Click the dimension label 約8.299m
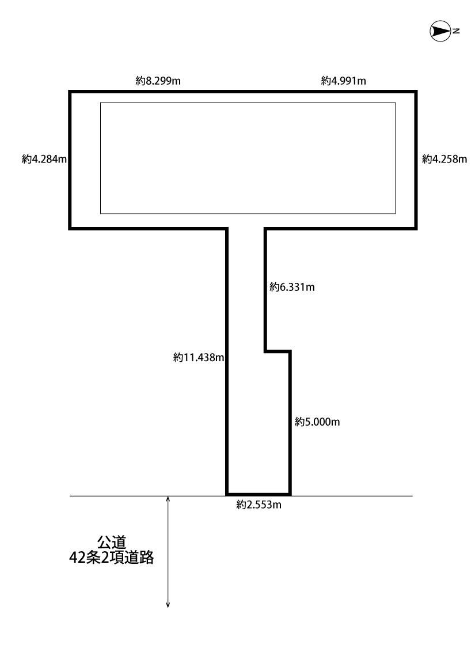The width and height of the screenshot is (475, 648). tap(158, 81)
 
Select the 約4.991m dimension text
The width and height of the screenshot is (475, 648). tap(344, 81)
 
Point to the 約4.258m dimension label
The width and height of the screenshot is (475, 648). tap(444, 160)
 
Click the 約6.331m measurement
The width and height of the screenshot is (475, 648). tap(292, 287)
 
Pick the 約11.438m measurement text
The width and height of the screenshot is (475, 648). tap(198, 358)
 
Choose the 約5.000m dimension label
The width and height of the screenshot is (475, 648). tap(317, 422)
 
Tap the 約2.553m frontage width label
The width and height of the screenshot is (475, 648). tap(259, 505)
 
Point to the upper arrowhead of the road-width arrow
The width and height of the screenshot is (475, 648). tap(168, 499)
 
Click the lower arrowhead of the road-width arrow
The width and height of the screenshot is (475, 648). tap(168, 604)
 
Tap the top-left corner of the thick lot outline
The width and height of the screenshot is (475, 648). tap(70, 92)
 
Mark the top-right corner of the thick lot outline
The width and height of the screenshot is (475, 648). tap(416, 92)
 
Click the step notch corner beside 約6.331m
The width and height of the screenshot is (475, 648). tap(265, 350)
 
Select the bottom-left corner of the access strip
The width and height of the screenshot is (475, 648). tap(227, 494)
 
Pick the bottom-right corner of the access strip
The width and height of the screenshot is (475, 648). tap(290, 494)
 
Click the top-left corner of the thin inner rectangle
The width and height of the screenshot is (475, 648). tap(101, 103)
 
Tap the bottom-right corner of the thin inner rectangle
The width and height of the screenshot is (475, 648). tap(396, 214)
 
